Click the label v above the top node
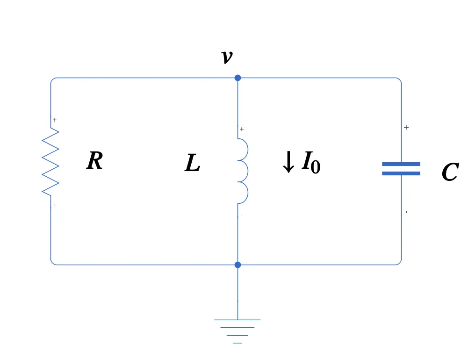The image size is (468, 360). [x=226, y=57]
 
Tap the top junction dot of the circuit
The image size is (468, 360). [x=238, y=78]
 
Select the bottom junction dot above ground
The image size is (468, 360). [x=238, y=265]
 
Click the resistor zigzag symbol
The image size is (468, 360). [x=50, y=161]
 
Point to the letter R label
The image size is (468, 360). [x=94, y=161]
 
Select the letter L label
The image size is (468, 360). [x=192, y=164]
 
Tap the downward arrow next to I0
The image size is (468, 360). [x=288, y=162]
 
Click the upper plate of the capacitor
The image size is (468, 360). [x=401, y=164]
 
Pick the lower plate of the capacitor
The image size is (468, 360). [x=401, y=173]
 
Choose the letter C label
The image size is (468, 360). [x=450, y=173]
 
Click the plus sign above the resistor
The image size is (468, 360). [x=55, y=120]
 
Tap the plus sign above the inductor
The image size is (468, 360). [x=242, y=130]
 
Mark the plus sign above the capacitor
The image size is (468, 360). [x=406, y=128]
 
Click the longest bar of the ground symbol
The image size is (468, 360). [x=238, y=320]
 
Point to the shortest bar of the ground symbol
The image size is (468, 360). [x=238, y=343]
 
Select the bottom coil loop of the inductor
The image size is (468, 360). [x=243, y=193]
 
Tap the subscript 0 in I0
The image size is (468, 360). [x=316, y=167]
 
